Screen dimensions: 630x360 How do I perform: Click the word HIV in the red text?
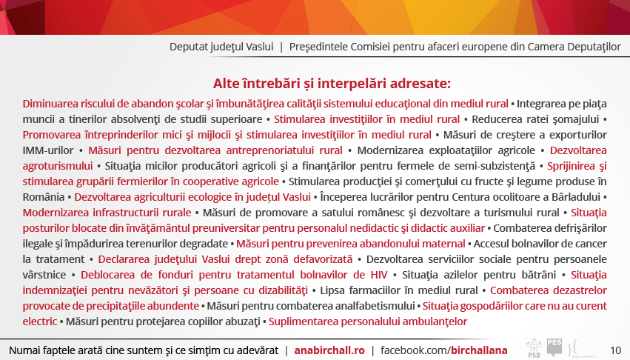pyautogui.click(x=379, y=275)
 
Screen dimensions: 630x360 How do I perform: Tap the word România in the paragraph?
pyautogui.click(x=44, y=197)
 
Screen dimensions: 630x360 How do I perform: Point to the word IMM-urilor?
pyautogui.click(x=48, y=150)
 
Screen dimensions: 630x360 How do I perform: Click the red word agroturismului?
pyautogui.click(x=58, y=166)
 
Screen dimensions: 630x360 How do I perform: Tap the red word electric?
pyautogui.click(x=40, y=321)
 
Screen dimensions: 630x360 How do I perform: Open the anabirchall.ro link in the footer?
pyautogui.click(x=329, y=350)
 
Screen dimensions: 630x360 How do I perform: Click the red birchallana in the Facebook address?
pyautogui.click(x=479, y=350)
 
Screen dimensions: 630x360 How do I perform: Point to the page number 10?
pyautogui.click(x=615, y=350)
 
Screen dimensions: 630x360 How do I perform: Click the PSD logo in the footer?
pyautogui.click(x=534, y=348)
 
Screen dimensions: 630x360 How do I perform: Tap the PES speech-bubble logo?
pyautogui.click(x=554, y=347)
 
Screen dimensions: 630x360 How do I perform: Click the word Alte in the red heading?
pyautogui.click(x=227, y=83)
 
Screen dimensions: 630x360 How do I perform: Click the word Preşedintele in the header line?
pyautogui.click(x=318, y=47)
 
